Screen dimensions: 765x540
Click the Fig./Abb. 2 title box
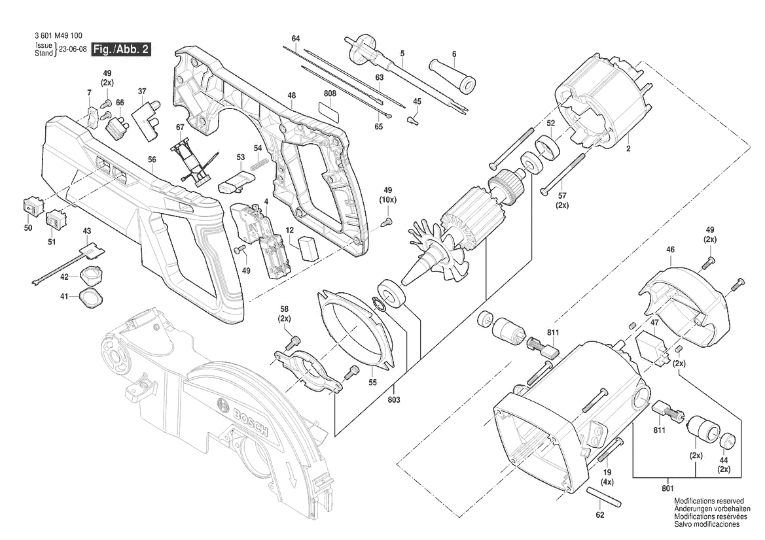click(x=121, y=49)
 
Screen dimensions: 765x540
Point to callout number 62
click(x=599, y=515)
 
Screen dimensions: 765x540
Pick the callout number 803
click(x=394, y=399)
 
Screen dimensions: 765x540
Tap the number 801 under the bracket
click(x=667, y=488)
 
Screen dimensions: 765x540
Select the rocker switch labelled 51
click(x=55, y=219)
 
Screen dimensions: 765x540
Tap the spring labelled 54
click(x=260, y=164)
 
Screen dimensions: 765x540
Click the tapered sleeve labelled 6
click(x=452, y=76)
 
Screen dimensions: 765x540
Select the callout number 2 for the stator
click(x=628, y=148)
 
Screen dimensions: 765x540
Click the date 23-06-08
click(x=73, y=49)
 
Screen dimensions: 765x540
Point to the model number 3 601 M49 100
click(x=58, y=35)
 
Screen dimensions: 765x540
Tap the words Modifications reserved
click(x=709, y=501)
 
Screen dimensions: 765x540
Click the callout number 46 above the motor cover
click(x=670, y=250)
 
